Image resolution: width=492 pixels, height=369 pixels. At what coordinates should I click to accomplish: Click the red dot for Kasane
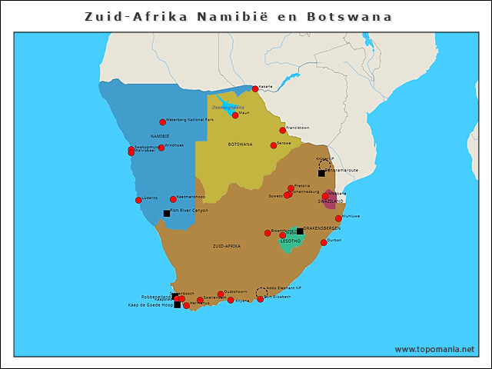click(255, 89)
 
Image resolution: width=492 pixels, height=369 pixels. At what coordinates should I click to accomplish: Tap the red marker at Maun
click(235, 115)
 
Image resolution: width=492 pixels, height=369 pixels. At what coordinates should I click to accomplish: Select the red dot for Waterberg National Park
click(162, 121)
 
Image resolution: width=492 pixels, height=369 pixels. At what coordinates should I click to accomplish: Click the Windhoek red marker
click(161, 148)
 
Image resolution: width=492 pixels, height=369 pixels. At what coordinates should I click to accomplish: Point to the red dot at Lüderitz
click(138, 201)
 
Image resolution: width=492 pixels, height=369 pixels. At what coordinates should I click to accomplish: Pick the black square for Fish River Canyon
click(167, 213)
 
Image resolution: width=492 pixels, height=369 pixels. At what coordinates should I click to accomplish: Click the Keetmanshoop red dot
click(173, 199)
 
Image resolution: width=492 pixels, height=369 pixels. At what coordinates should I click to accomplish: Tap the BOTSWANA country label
click(240, 144)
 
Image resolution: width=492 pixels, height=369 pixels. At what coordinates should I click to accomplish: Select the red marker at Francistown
click(282, 130)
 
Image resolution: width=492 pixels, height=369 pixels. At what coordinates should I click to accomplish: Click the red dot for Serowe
click(273, 145)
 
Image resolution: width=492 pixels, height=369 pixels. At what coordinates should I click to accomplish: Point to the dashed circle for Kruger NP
click(324, 165)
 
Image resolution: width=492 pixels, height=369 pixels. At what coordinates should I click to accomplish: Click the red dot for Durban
click(324, 243)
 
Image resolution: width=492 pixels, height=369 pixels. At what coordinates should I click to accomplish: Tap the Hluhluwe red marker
click(338, 218)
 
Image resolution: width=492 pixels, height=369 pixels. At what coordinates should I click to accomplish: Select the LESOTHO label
click(290, 241)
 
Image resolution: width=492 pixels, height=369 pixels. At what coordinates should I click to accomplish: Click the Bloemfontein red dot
click(268, 233)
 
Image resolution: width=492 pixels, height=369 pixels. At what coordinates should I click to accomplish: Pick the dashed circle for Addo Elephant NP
click(262, 292)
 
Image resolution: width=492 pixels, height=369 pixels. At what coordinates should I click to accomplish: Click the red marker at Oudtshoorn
click(221, 294)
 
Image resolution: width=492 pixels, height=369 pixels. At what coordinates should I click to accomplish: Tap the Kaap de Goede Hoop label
click(150, 305)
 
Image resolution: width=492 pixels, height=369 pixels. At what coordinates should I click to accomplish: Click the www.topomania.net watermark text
click(434, 349)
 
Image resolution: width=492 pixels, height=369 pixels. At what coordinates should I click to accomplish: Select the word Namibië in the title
click(230, 16)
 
